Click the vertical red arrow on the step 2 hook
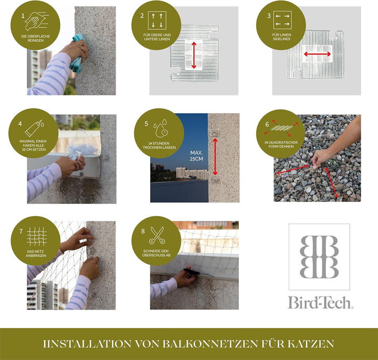pyautogui.click(x=194, y=55)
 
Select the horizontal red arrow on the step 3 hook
pyautogui.click(x=317, y=54)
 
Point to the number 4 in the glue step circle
pyautogui.click(x=20, y=124)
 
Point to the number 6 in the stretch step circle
pyautogui.click(x=267, y=124)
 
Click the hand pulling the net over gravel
pyautogui.click(x=321, y=156)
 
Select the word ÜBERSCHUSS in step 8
pyautogui.click(x=156, y=257)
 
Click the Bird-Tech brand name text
pyautogui.click(x=320, y=302)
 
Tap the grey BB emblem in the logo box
pyautogui.click(x=319, y=257)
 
